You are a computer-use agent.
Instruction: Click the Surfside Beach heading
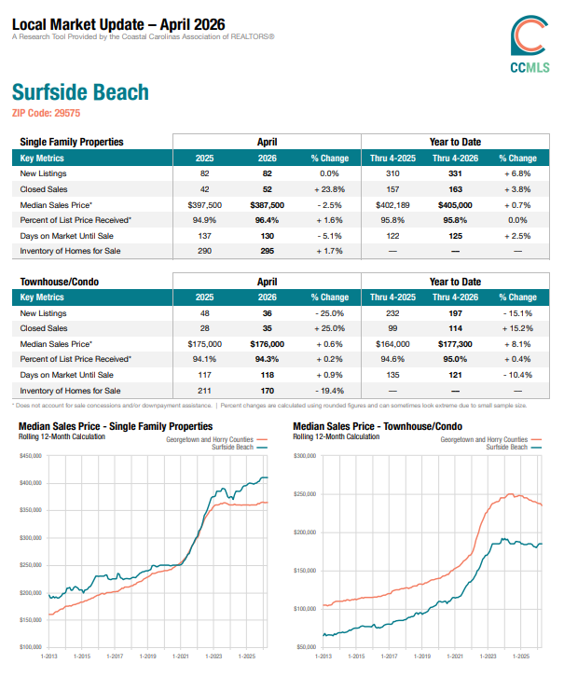pyautogui.click(x=80, y=92)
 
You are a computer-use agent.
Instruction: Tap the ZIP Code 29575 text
pyautogui.click(x=47, y=113)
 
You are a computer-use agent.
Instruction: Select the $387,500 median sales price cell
pyautogui.click(x=268, y=205)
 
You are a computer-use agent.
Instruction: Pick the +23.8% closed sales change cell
pyautogui.click(x=330, y=189)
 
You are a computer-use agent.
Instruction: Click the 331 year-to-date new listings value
pyautogui.click(x=455, y=173)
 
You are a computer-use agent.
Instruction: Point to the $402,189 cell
pyautogui.click(x=392, y=205)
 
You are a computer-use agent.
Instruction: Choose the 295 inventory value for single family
pyautogui.click(x=268, y=251)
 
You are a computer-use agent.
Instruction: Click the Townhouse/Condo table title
pyautogui.click(x=60, y=282)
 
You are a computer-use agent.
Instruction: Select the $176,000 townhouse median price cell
pyautogui.click(x=268, y=344)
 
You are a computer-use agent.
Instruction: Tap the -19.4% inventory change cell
pyautogui.click(x=330, y=391)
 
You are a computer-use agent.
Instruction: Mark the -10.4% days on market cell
pyautogui.click(x=517, y=375)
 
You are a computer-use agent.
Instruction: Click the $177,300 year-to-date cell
pyautogui.click(x=455, y=344)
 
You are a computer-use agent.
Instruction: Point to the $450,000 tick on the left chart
pyautogui.click(x=31, y=455)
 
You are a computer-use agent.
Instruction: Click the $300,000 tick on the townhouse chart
pyautogui.click(x=305, y=455)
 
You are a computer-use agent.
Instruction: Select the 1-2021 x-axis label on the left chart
pyautogui.click(x=180, y=656)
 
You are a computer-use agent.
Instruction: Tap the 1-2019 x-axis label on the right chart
pyautogui.click(x=422, y=656)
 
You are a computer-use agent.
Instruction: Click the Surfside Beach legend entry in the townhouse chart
pyautogui.click(x=514, y=448)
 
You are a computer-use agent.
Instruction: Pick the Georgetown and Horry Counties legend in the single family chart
pyautogui.click(x=217, y=439)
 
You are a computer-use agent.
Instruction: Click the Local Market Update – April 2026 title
pyautogui.click(x=118, y=24)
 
